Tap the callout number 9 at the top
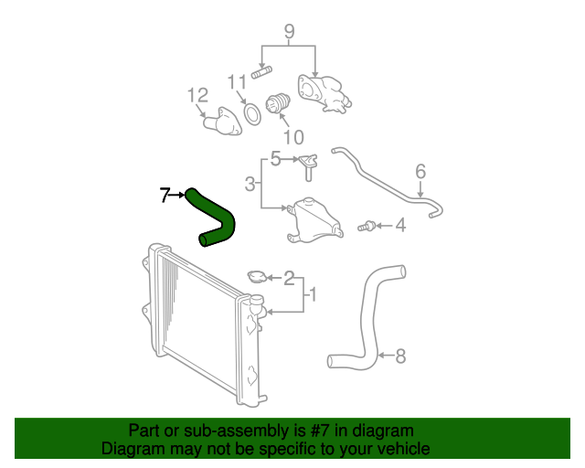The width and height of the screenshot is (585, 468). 289,32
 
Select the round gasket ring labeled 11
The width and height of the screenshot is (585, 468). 252,113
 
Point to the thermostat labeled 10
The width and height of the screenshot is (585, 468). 277,103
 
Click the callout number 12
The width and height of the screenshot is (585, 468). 197,96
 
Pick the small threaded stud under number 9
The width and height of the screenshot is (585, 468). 261,72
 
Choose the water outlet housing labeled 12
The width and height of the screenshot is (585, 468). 223,122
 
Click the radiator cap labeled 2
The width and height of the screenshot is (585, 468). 257,276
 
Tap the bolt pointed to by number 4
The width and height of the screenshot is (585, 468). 367,226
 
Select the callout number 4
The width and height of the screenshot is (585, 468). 400,226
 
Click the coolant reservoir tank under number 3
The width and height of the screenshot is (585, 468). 314,220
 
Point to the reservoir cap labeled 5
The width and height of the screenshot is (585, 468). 308,167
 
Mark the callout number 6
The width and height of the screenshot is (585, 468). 420,171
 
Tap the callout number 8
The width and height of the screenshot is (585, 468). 400,356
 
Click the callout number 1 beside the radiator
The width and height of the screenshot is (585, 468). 313,294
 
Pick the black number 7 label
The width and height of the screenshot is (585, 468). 165,195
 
